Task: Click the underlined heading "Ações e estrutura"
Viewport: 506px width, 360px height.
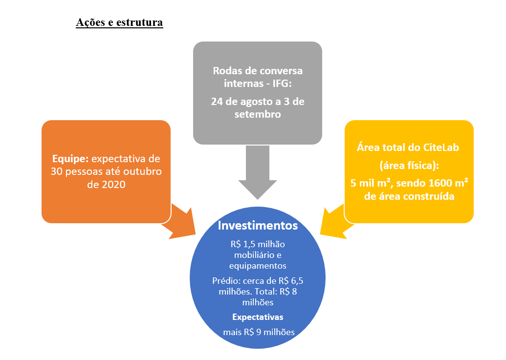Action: click(119, 22)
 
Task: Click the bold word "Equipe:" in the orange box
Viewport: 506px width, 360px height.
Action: click(70, 159)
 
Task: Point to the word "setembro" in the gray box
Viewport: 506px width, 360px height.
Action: click(258, 114)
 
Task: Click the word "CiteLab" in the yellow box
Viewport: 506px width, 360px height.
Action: click(441, 148)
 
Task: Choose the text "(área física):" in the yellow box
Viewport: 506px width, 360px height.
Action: click(409, 166)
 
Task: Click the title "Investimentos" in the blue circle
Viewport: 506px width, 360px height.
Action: click(258, 226)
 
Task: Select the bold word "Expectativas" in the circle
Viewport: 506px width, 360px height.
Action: click(258, 317)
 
